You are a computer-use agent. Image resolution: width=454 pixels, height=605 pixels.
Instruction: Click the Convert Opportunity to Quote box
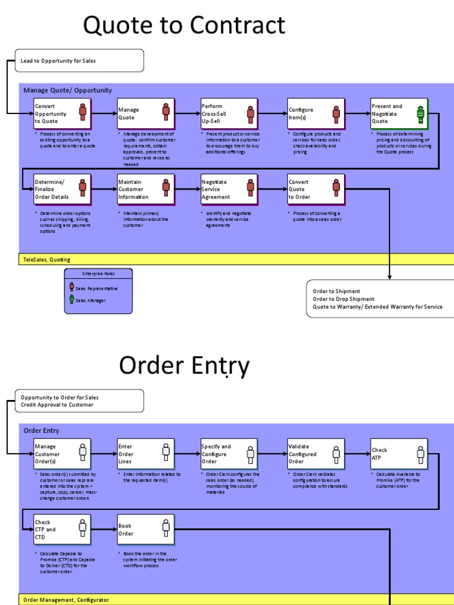tap(61, 113)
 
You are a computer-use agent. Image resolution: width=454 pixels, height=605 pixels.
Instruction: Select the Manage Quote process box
tap(145, 113)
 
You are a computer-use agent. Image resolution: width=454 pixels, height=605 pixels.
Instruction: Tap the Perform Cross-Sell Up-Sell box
tap(229, 113)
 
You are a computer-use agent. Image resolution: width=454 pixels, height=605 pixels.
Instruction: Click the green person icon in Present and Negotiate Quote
tap(421, 114)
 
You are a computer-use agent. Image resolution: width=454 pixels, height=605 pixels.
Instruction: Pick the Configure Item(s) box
tap(314, 113)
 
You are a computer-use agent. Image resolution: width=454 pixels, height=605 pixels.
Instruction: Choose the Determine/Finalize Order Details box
tap(61, 188)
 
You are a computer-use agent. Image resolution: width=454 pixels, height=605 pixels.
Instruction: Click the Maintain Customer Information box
tap(145, 188)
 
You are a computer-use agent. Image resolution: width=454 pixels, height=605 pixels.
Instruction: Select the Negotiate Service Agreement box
tap(229, 188)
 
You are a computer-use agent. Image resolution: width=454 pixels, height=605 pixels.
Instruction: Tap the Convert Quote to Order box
tap(314, 188)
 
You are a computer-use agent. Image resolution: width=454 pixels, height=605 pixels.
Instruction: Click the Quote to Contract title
tap(184, 26)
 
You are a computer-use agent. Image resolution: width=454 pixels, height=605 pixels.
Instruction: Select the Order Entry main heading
tap(184, 366)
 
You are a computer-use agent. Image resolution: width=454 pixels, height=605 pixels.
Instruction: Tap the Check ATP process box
tap(397, 453)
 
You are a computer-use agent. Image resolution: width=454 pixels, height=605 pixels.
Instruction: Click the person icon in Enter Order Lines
tap(166, 453)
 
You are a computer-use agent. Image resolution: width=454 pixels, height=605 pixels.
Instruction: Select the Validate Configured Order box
tap(314, 453)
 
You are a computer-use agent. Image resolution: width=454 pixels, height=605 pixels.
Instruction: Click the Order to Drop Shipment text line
tap(343, 299)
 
